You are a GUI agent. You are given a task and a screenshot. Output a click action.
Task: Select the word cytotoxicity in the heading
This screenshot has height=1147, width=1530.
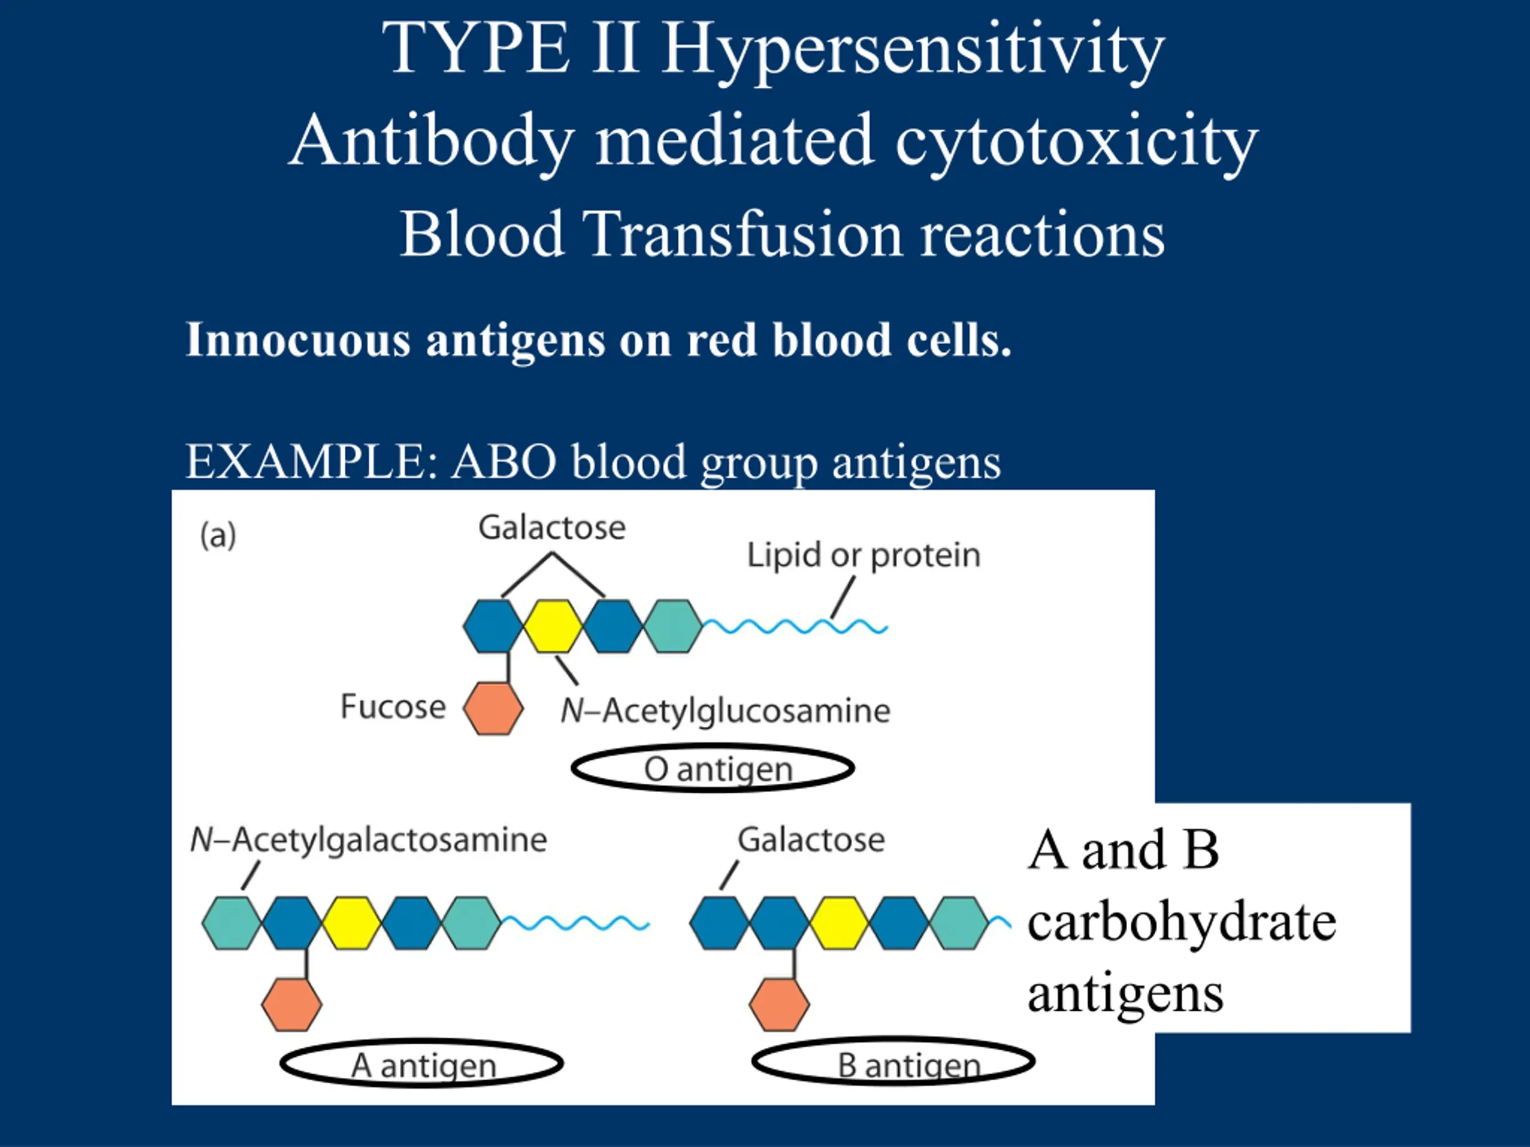pos(1077,142)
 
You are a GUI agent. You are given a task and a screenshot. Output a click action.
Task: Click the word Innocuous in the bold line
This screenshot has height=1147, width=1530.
pos(298,339)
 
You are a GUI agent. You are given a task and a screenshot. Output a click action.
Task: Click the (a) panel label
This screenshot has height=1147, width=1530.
pos(218,536)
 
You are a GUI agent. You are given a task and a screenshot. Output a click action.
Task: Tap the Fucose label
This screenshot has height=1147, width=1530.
pos(393,707)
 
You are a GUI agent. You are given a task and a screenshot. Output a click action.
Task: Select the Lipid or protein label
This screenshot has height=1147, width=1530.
pos(864,556)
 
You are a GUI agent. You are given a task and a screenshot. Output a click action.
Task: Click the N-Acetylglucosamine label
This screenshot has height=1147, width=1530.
pos(726,711)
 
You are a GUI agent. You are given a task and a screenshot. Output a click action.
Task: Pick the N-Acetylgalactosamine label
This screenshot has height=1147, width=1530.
pos(369,841)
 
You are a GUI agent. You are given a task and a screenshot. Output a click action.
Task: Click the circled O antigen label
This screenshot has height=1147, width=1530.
pos(713,768)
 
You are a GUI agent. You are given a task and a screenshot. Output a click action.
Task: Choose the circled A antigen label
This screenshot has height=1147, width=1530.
pos(422,1063)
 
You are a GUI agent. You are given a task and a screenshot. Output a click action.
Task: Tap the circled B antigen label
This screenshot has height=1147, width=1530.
pos(893,1062)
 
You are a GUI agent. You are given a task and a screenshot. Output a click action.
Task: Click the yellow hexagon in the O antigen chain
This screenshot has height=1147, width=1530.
pos(553,627)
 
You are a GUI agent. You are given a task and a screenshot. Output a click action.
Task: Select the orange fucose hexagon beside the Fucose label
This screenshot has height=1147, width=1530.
pos(493,709)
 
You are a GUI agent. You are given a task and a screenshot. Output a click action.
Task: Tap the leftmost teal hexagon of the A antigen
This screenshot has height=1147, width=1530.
pos(232,923)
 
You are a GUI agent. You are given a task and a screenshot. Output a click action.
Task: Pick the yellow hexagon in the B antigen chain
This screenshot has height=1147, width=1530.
pos(839,923)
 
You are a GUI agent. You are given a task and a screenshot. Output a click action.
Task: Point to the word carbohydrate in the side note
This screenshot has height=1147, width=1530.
pos(1182,924)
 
